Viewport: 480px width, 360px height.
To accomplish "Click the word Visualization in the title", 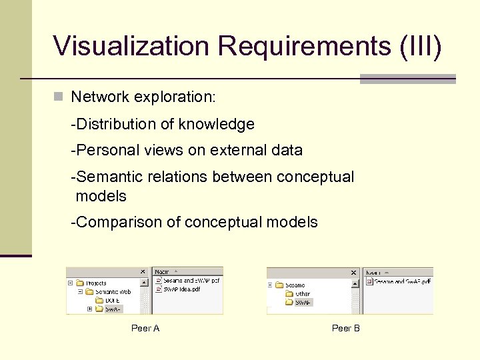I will (x=131, y=46).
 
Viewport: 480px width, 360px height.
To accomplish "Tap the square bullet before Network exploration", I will (x=59, y=97).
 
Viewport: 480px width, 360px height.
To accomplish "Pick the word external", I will (x=237, y=151).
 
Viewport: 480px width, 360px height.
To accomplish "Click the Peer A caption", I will (x=145, y=328).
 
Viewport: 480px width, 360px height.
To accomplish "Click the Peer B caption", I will (x=345, y=328).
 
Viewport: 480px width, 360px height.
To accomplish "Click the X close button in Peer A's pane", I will (x=142, y=272).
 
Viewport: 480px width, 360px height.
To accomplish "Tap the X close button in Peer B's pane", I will (x=353, y=273).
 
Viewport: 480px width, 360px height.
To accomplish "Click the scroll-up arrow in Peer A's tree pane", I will (x=149, y=281).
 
